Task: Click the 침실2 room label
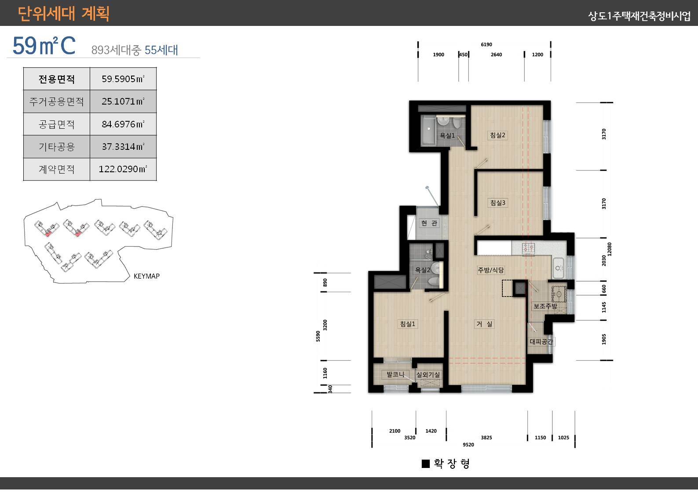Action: [x=497, y=135]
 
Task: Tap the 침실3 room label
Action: [x=497, y=203]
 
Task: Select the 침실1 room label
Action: [x=408, y=324]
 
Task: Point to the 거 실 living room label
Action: [x=484, y=324]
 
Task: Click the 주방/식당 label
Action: [x=491, y=270]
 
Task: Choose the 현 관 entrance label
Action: [x=429, y=223]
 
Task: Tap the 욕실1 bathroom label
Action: [x=447, y=135]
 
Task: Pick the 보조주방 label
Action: [x=545, y=306]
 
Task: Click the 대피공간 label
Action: [x=541, y=341]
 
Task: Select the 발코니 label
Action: [x=395, y=374]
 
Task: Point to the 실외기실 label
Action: [x=428, y=374]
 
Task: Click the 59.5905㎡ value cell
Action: [x=123, y=79]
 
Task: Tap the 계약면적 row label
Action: [x=57, y=169]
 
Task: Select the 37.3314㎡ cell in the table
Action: [x=123, y=146]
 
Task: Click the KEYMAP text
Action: [x=146, y=276]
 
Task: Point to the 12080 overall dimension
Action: [x=610, y=249]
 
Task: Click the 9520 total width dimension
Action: [x=468, y=445]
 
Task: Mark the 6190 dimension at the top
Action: [x=486, y=44]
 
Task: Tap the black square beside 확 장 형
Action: [x=426, y=464]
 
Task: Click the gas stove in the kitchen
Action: [x=529, y=248]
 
